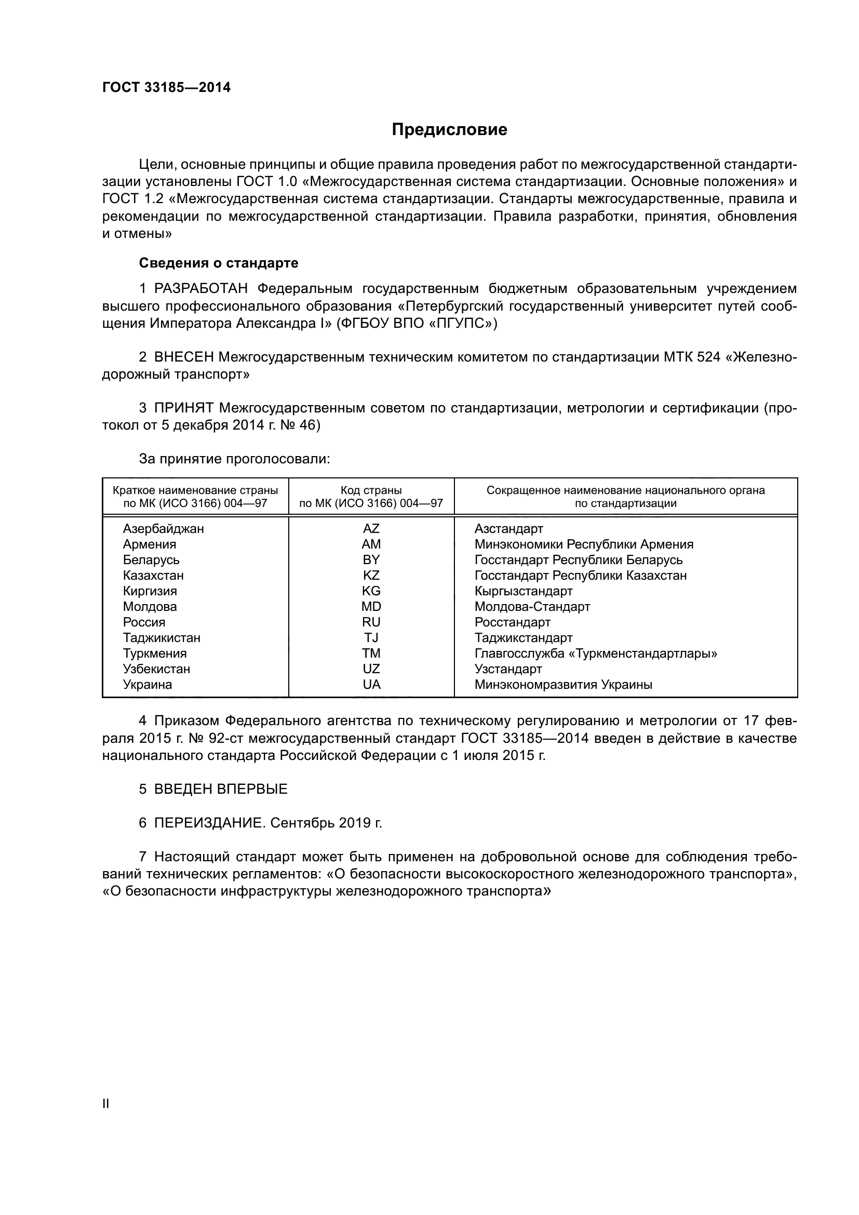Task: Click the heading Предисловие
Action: (449, 130)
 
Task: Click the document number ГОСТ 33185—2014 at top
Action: (166, 88)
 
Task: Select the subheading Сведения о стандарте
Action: (219, 263)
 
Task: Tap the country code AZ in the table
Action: (371, 529)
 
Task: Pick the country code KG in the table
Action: (371, 591)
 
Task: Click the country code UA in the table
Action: (371, 684)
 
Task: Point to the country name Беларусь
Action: (151, 560)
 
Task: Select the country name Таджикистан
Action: (162, 638)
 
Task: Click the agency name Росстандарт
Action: (512, 622)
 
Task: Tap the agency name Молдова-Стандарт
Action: (532, 606)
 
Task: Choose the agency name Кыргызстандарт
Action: (523, 591)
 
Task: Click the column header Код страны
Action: (371, 490)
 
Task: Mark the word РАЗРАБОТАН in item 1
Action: (201, 289)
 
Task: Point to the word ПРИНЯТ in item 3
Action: (183, 408)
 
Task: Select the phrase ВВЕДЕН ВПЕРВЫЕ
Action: (221, 789)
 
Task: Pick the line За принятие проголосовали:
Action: (234, 459)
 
